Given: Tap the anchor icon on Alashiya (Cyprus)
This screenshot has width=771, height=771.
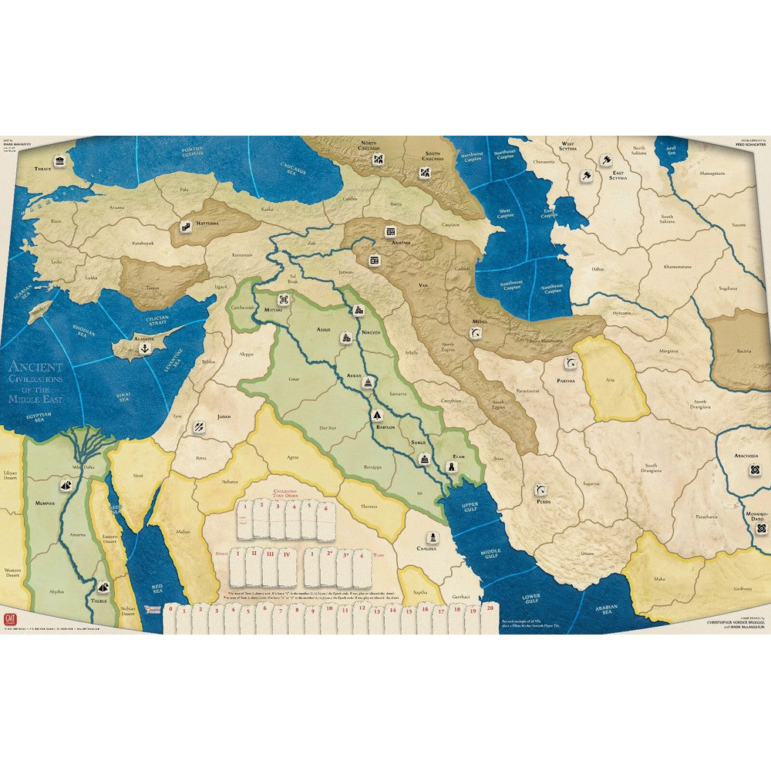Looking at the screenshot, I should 144,349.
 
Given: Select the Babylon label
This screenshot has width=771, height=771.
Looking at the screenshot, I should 386,426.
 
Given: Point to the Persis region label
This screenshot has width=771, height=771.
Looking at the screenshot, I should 544,502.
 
